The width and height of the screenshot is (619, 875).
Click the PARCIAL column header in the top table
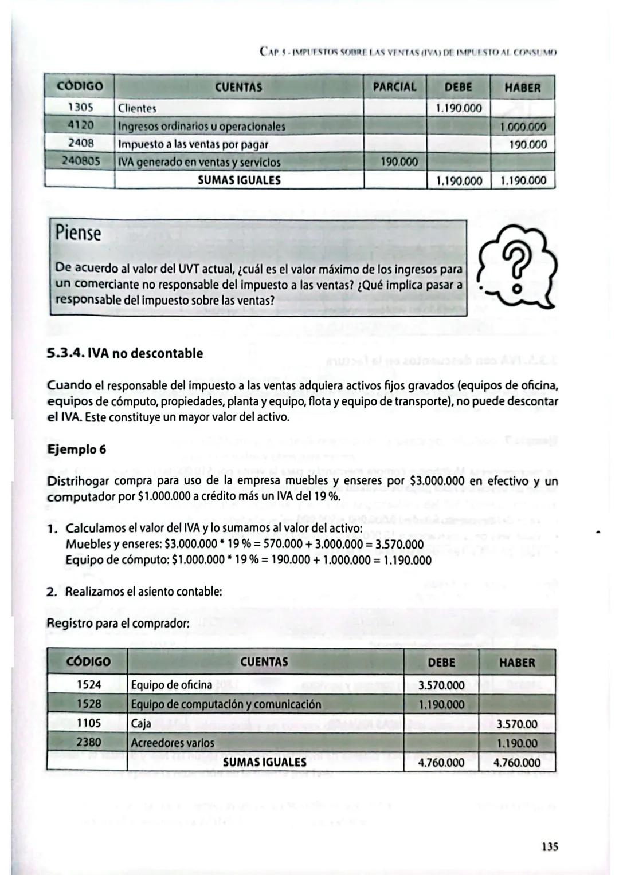tap(394, 88)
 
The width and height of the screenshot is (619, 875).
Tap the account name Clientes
tap(137, 108)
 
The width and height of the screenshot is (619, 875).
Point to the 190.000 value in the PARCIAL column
tap(398, 163)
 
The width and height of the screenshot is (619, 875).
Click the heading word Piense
tap(78, 234)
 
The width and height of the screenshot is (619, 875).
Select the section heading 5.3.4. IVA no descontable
tap(125, 353)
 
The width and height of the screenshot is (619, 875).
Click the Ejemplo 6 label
tap(76, 449)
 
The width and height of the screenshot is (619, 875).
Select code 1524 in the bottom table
tap(88, 685)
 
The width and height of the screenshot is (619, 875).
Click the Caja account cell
tap(141, 724)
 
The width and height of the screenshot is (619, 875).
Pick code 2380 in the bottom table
tap(88, 743)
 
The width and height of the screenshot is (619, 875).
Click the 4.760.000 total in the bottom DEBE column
tap(441, 763)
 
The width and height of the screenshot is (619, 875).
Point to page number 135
tap(549, 846)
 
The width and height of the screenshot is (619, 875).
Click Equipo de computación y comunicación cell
tap(226, 704)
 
